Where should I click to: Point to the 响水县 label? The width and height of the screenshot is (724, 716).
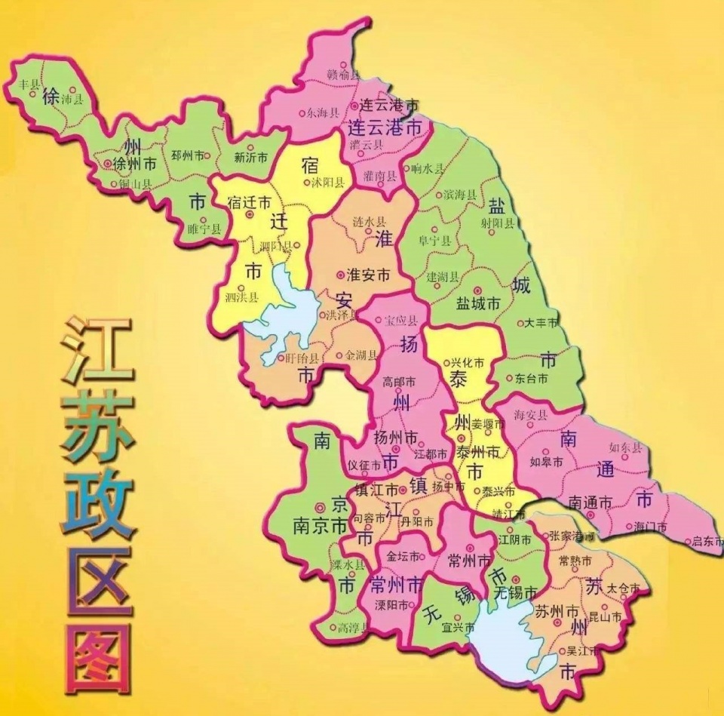pos(429,169)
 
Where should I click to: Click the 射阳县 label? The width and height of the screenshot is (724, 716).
pos(497,223)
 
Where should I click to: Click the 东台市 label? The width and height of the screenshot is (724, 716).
pos(532,378)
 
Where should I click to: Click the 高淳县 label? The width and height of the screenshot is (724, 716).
pos(352,627)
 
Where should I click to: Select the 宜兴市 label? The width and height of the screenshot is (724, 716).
pos(458,627)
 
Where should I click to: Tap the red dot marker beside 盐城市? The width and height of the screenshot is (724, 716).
pos(476,290)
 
